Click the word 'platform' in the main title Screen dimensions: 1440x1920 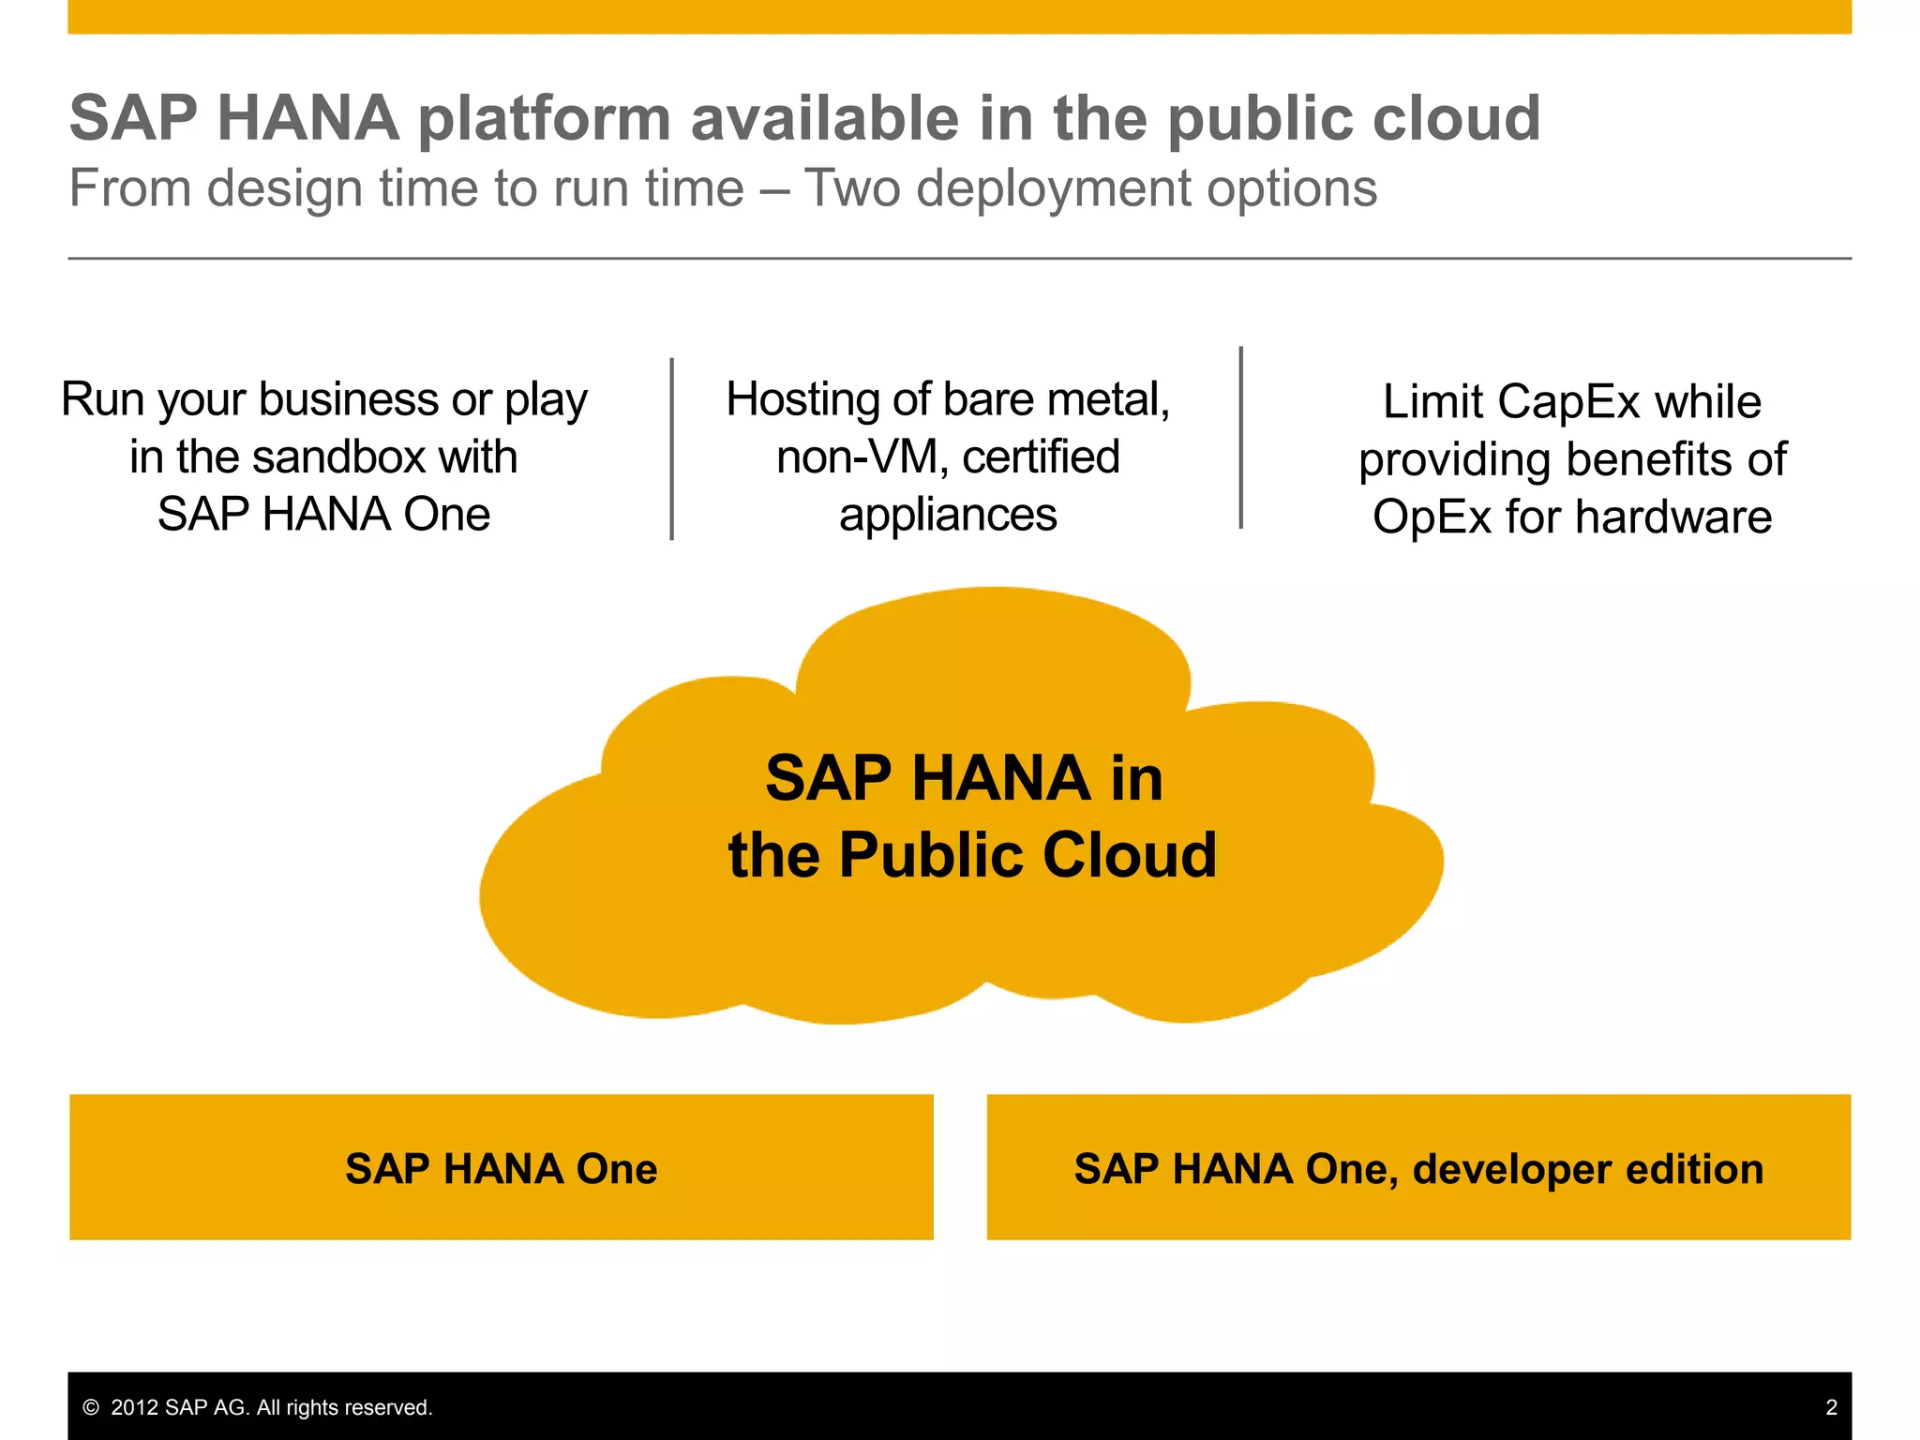(544, 119)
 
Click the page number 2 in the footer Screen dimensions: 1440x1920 (1831, 1407)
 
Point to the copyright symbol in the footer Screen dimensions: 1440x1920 (91, 1407)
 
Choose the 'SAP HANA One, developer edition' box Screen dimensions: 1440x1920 (1418, 1167)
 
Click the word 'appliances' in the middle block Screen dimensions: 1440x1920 (948, 515)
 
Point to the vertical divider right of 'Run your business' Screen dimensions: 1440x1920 (672, 449)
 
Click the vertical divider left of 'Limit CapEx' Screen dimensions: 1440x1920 (1241, 438)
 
